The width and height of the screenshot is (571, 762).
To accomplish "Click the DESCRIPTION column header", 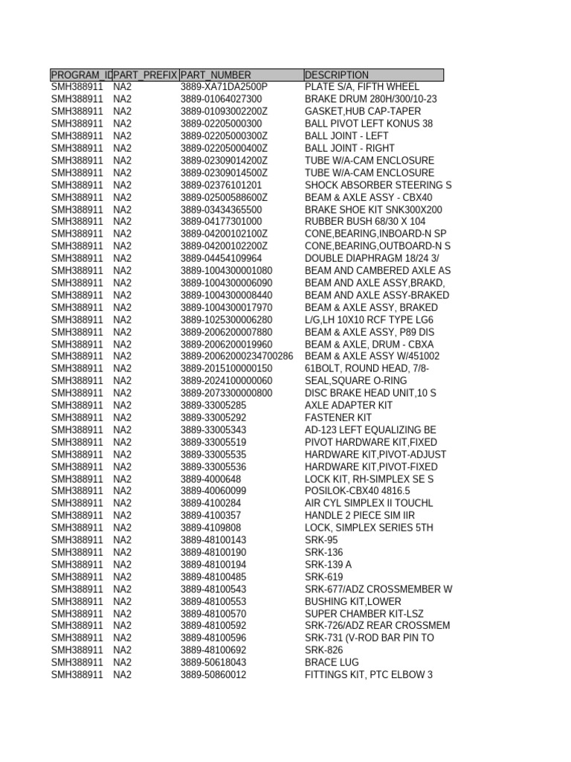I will coord(337,75).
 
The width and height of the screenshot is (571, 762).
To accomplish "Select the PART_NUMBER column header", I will coord(216,75).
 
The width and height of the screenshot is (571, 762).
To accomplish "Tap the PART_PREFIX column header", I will coord(146,75).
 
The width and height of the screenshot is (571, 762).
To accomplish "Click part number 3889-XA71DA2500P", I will coord(224,87).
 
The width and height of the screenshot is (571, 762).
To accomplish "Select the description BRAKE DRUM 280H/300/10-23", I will coord(371,99).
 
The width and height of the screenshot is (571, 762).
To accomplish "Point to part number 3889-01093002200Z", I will coord(224,112).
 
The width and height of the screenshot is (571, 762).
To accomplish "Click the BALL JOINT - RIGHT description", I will coord(350,148).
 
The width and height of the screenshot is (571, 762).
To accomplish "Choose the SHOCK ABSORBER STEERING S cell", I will coord(378,185).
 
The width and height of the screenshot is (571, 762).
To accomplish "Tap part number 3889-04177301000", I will coord(221,222).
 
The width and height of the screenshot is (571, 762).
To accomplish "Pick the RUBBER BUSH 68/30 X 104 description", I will coord(365,222).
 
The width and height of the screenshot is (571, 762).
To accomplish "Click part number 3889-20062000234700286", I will coord(236,356).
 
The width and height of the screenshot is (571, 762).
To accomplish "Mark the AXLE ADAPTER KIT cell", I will coord(349,406).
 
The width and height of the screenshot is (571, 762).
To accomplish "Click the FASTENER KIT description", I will coord(338,417).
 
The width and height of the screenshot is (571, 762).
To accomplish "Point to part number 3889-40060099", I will coord(213,491).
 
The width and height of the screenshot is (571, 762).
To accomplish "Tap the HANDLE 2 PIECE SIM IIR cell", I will coord(360,516).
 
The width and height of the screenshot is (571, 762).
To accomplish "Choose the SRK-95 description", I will coord(321,540).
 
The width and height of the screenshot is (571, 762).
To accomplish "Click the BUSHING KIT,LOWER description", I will coord(353,601).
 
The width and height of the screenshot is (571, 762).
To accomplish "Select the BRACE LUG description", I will coord(332,662).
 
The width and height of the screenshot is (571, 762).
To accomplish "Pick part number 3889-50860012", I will coord(213,675).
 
